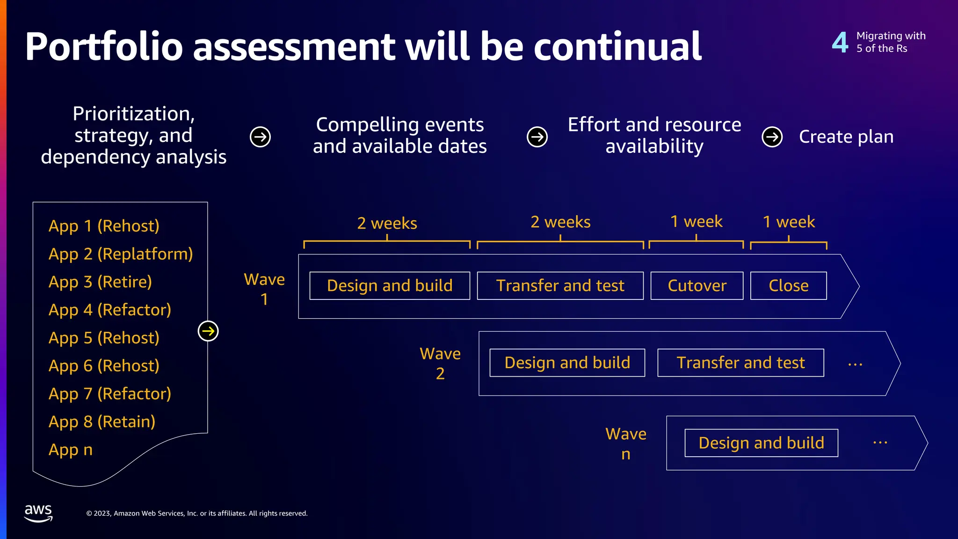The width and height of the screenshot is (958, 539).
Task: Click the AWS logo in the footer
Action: click(x=38, y=513)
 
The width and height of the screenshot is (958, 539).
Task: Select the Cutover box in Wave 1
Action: click(x=697, y=285)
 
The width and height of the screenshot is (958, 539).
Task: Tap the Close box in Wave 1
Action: click(x=788, y=285)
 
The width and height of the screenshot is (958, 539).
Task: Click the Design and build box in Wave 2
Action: click(x=567, y=363)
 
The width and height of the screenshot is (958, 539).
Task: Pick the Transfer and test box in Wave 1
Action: click(x=560, y=285)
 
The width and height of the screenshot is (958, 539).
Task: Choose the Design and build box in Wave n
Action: click(x=761, y=443)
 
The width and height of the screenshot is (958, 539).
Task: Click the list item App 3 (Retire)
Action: click(x=100, y=282)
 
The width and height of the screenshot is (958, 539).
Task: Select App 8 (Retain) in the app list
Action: click(x=102, y=422)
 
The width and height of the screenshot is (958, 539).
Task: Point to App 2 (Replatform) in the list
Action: click(x=121, y=254)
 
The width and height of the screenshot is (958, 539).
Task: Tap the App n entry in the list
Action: click(x=71, y=450)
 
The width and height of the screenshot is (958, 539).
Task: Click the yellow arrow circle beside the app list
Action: click(x=208, y=331)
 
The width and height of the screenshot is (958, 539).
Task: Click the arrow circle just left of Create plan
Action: click(x=772, y=137)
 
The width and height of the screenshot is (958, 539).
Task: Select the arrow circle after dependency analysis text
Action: click(x=260, y=137)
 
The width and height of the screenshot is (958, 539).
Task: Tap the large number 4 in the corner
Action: click(x=840, y=43)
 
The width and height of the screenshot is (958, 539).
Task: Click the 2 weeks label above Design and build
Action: click(x=387, y=223)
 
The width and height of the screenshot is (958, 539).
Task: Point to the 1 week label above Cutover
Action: click(x=696, y=221)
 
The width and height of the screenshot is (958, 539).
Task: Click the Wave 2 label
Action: click(x=440, y=363)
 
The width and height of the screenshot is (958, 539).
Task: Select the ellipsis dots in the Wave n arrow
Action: click(x=880, y=442)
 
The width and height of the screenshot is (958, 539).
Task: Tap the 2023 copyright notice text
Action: click(x=197, y=513)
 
